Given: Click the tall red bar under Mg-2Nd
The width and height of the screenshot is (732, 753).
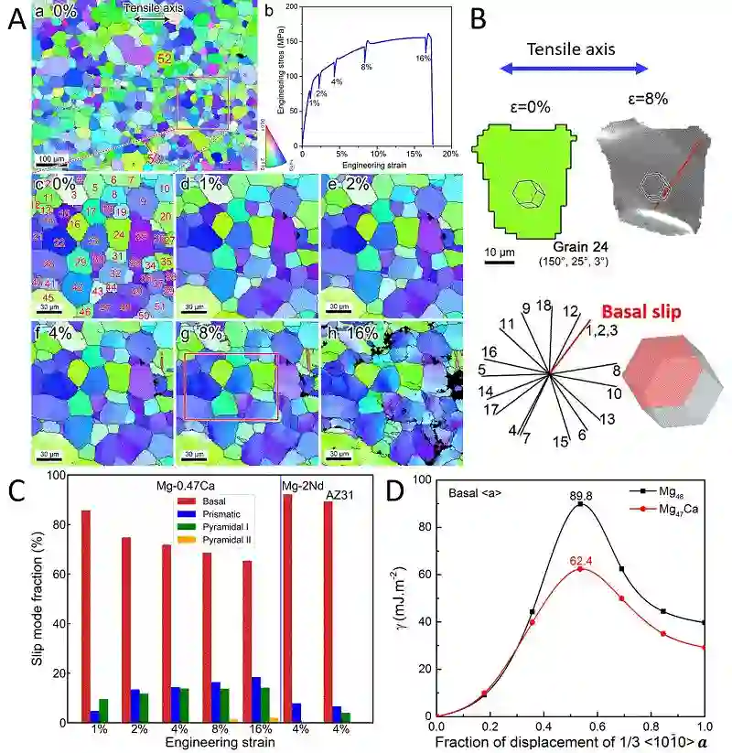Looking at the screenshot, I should point(287,608).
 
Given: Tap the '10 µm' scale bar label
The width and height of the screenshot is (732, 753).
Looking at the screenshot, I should point(498,251).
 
